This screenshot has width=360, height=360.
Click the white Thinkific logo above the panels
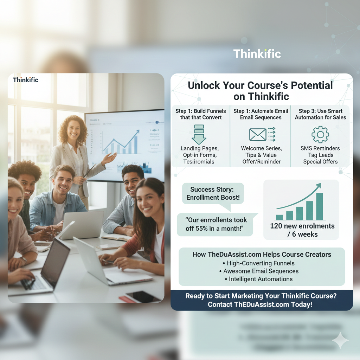[x=257, y=54]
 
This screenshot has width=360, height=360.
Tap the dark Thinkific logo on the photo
[x=26, y=80]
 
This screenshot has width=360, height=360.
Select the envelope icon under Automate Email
[x=258, y=134]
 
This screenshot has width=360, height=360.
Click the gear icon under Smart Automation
[x=320, y=134]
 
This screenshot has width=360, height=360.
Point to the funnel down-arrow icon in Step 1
[x=199, y=134]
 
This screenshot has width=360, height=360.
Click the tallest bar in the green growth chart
[x=319, y=206]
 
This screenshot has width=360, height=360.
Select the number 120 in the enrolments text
[x=276, y=226]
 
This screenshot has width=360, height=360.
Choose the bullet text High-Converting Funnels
[x=261, y=263]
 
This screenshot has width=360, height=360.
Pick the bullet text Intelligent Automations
[x=261, y=279]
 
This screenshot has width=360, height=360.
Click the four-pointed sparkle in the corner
[x=340, y=340]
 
